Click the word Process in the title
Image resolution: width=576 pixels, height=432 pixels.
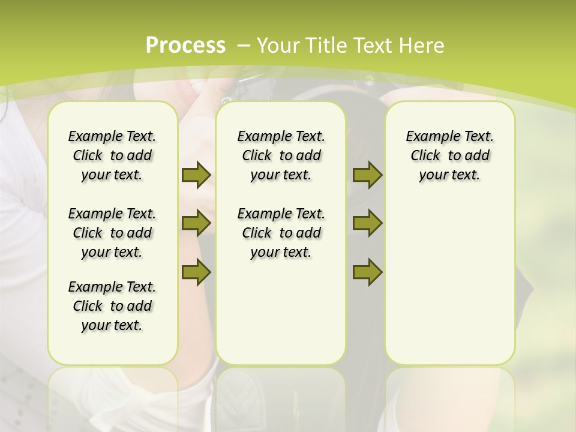click(186, 45)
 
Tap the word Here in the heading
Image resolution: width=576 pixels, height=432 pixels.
click(422, 45)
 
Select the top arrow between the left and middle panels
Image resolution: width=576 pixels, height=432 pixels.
click(196, 175)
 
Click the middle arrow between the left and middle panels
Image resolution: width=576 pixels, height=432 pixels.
click(196, 223)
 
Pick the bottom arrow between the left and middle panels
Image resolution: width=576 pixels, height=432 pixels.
click(196, 272)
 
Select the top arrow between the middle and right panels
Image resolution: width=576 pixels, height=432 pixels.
click(367, 175)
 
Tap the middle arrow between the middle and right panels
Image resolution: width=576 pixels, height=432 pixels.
click(367, 223)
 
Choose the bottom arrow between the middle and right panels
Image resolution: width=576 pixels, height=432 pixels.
click(367, 272)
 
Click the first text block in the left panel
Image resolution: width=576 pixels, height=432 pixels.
click(112, 155)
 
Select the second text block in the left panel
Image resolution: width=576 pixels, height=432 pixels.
click(112, 233)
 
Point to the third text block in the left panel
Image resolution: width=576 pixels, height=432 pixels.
click(112, 306)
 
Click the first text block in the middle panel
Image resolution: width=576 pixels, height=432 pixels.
click(281, 155)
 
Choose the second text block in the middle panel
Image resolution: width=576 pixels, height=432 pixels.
click(281, 233)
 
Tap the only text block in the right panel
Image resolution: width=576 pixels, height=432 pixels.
click(449, 155)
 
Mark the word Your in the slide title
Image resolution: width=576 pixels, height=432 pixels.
click(278, 45)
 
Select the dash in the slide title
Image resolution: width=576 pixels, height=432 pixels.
click(244, 45)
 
